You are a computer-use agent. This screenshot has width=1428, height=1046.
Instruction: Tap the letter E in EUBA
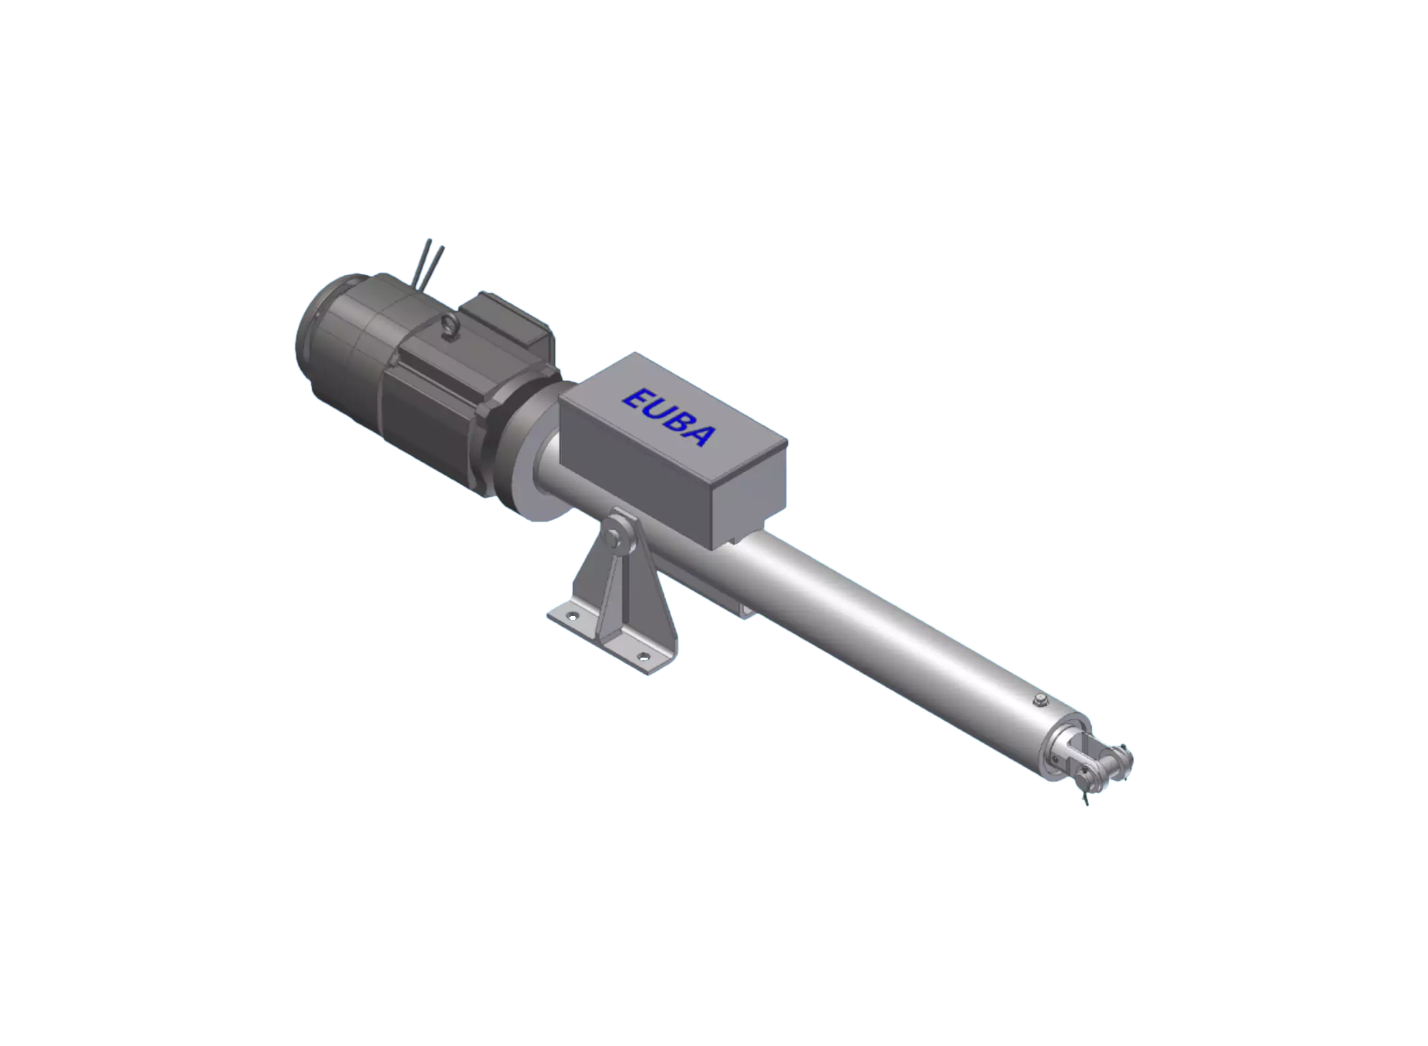(636, 399)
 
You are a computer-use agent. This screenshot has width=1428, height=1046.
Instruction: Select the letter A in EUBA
(702, 436)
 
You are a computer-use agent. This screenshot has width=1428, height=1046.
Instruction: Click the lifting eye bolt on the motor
(449, 325)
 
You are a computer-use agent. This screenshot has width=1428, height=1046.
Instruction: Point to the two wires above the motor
(429, 264)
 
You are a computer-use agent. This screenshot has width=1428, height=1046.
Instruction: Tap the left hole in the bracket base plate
(572, 615)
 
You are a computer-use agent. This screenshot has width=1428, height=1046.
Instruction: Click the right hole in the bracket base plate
(643, 656)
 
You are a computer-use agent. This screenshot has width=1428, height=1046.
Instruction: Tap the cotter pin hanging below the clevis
(1084, 794)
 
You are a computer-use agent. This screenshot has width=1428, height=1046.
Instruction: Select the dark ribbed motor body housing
(429, 403)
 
